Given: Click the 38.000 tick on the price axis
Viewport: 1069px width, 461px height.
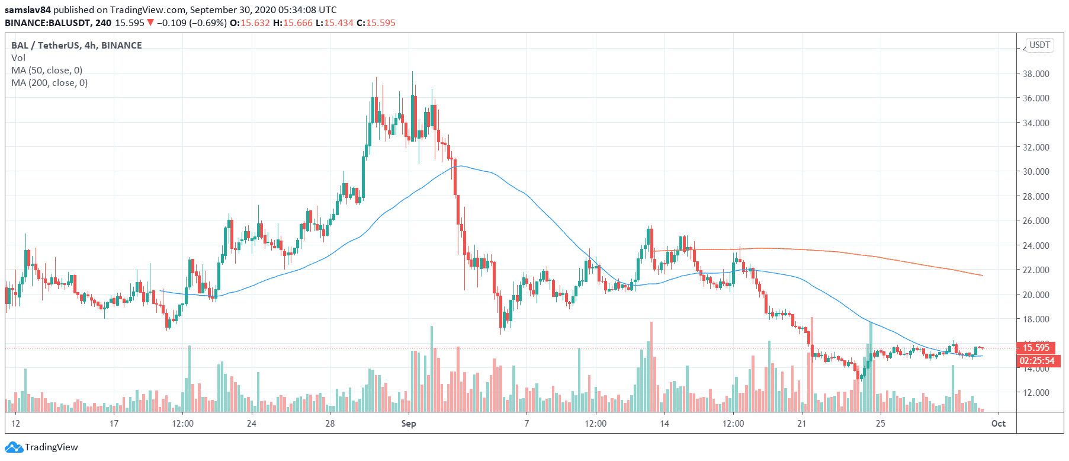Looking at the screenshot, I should coord(1036,74).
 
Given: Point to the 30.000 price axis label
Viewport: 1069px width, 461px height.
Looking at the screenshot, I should coord(1036,172).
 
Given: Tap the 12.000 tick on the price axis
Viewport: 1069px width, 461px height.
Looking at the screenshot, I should coord(1036,393).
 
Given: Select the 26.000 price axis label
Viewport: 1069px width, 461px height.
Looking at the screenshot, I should coord(1036,221).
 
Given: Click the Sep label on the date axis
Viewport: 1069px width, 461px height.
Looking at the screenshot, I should coord(409,424).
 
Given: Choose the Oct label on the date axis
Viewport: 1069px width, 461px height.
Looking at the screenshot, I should coord(999,424).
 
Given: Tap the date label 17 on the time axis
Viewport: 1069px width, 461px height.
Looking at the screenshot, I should coord(114,424).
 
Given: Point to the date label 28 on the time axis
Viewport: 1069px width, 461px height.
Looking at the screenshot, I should coord(330,424).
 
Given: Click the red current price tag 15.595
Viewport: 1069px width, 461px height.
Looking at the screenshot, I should coord(1036,348).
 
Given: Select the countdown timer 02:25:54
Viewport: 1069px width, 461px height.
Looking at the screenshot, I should coord(1036,361).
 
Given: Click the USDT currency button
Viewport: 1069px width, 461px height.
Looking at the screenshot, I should coord(1039,45).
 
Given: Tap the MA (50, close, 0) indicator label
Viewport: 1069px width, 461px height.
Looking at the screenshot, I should coord(47,71).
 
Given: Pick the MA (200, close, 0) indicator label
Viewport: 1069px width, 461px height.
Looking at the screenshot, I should coord(49,83).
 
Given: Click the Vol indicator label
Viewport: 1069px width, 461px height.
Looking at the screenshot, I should coord(18,58).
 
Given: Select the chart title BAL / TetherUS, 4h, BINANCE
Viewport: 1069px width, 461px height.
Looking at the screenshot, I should coord(76,46).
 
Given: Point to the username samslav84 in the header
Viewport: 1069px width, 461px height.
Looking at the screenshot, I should coord(28,10).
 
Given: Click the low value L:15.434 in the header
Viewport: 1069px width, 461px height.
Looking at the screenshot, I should coord(334,23).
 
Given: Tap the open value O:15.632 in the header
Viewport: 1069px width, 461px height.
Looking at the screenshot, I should coord(250,23).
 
